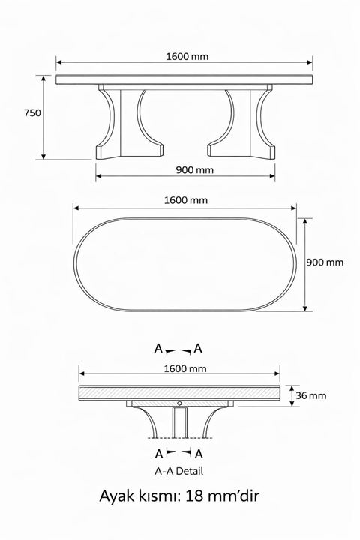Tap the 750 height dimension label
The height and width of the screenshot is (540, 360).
pos(32,113)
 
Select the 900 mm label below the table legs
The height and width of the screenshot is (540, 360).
pos(195,170)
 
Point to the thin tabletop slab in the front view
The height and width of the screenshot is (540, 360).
pos(184,79)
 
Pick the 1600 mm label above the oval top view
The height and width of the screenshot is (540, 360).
pos(185,200)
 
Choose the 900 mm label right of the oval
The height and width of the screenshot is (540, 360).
pos(325,262)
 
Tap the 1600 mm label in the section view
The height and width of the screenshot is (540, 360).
pos(184,369)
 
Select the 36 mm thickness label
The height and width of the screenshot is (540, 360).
pos(311,394)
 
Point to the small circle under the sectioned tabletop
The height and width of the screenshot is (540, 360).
pos(179,404)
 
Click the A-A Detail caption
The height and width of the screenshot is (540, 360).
pos(178,471)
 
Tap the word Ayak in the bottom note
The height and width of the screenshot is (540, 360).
pos(117,496)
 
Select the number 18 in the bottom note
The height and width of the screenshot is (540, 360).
pos(193,496)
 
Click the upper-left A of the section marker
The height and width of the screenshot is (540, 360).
pos(158,349)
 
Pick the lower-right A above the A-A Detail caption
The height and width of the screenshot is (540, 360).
pos(199,454)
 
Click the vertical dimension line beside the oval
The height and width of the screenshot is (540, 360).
pos(305,265)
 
